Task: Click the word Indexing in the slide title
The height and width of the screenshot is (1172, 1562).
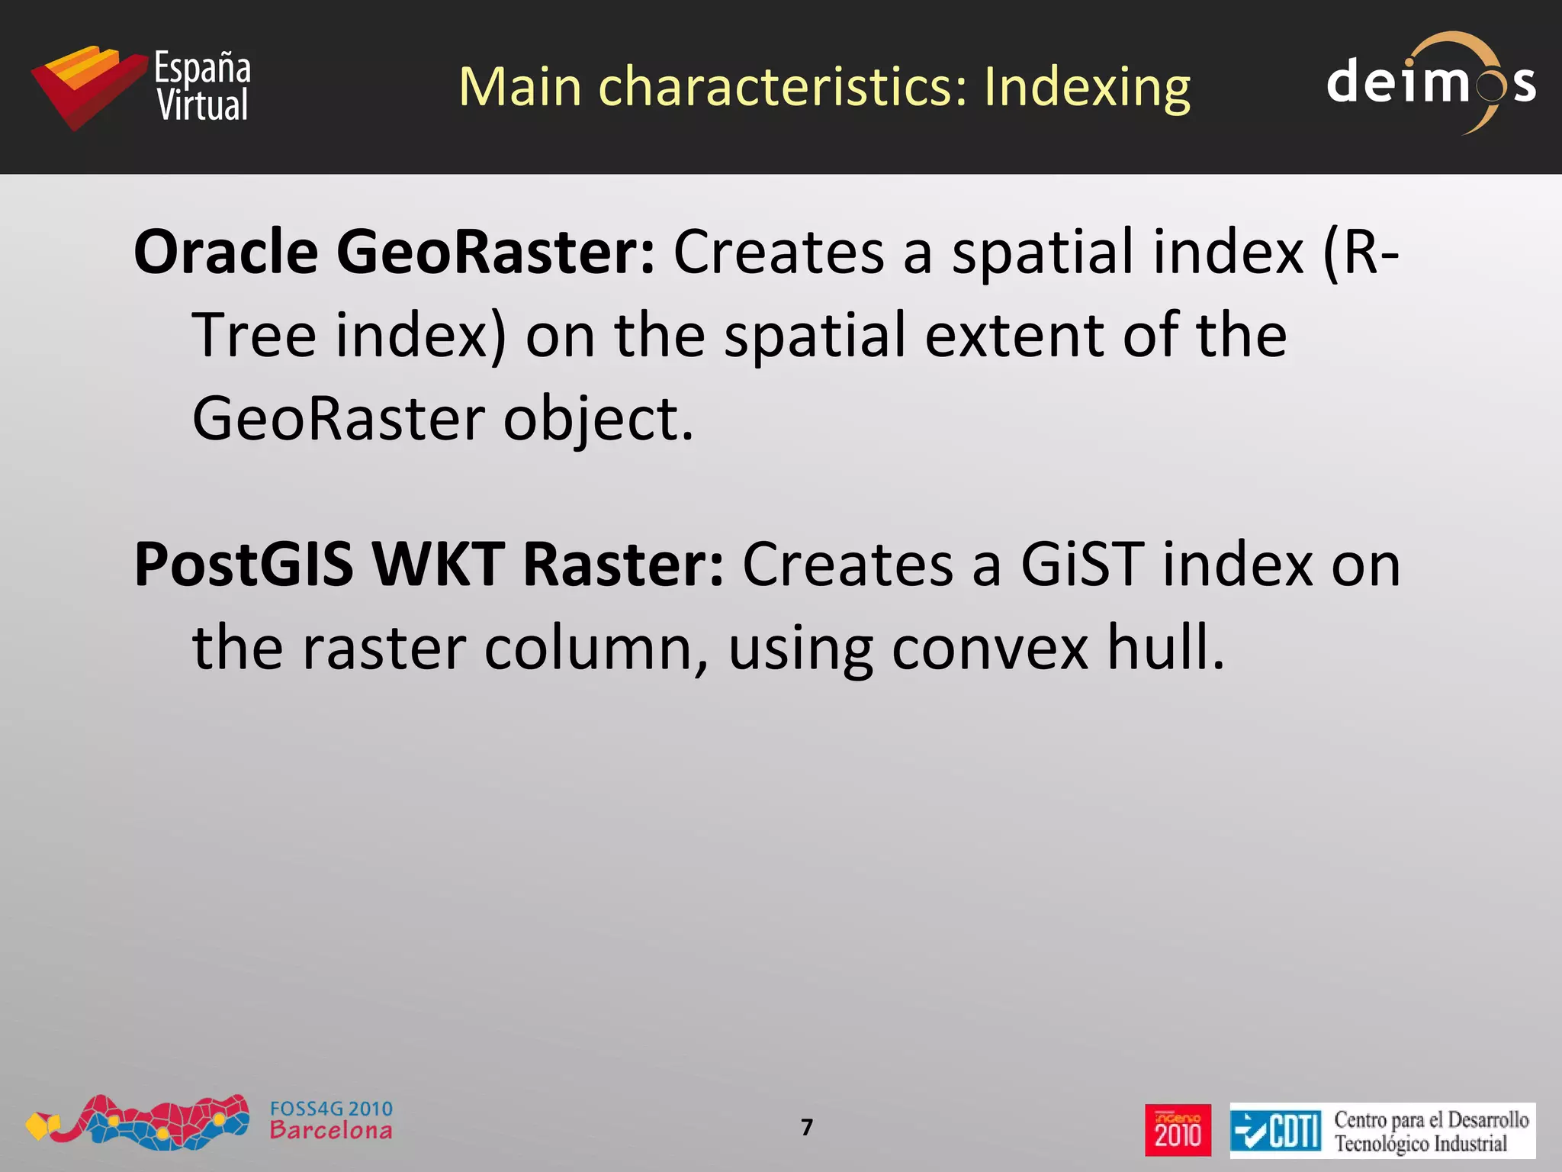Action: [x=1086, y=88]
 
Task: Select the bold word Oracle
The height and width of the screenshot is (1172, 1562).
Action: [x=226, y=252]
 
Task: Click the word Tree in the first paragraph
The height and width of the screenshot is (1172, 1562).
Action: [x=254, y=336]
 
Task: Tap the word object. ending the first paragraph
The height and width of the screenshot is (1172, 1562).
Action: [x=599, y=420]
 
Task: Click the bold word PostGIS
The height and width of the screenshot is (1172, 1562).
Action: [x=243, y=565]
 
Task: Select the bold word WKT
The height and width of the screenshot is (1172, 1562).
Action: [x=439, y=565]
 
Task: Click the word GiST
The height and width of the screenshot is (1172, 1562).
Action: [x=1082, y=565]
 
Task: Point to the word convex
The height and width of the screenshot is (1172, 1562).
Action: [x=990, y=649]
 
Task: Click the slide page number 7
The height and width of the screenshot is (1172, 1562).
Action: [x=807, y=1127]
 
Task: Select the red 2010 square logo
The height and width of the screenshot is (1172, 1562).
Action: [x=1178, y=1129]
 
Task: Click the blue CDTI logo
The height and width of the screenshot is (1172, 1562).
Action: [x=1275, y=1130]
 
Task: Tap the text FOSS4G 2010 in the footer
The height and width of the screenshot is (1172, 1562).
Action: [x=331, y=1109]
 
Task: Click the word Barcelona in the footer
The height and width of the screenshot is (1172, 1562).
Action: [x=331, y=1131]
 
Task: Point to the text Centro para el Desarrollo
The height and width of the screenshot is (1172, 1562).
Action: [x=1431, y=1119]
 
